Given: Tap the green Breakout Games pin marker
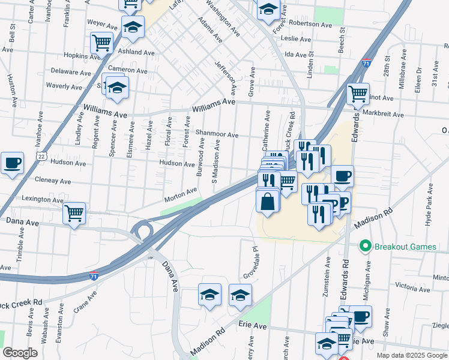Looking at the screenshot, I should tap(364, 247).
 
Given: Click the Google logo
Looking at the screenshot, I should tap(20, 353).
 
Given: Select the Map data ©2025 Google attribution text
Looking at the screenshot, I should tap(412, 355).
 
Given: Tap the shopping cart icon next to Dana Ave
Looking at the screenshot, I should tap(74, 213).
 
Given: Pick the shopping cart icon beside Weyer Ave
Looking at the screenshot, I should tap(102, 43).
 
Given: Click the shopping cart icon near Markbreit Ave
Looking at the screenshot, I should tap(358, 94).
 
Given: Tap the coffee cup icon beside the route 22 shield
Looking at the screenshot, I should tap(12, 163).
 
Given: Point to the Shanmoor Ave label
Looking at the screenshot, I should tap(216, 135).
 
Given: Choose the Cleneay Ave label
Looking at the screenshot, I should tap(53, 181).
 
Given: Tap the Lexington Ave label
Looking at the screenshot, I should tap(42, 198).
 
